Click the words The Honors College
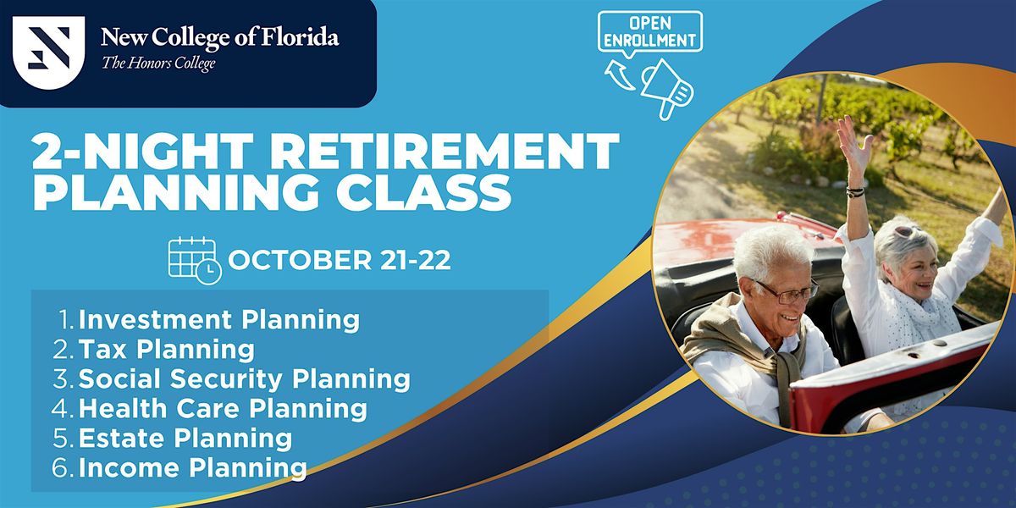(x=159, y=64)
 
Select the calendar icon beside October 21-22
(x=194, y=258)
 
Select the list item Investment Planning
(x=218, y=320)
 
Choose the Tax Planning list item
(x=166, y=349)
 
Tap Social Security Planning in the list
(x=244, y=378)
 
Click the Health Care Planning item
(x=223, y=408)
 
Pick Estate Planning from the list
(x=185, y=438)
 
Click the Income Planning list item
(x=192, y=467)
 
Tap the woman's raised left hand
(x=855, y=148)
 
